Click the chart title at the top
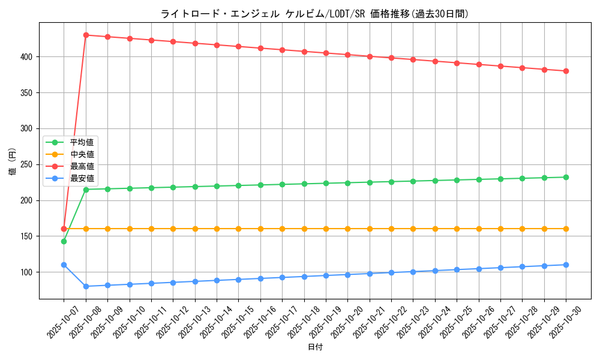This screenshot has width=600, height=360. pyautogui.click(x=314, y=14)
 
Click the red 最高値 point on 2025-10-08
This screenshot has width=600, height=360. pyautogui.click(x=86, y=35)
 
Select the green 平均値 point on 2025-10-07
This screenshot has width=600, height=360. pyautogui.click(x=64, y=241)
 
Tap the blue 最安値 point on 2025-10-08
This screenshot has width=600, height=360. pyautogui.click(x=86, y=286)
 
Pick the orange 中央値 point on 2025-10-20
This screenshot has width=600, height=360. pyautogui.click(x=347, y=229)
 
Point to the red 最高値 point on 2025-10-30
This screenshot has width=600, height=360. pyautogui.click(x=566, y=71)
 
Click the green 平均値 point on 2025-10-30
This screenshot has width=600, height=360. pyautogui.click(x=566, y=177)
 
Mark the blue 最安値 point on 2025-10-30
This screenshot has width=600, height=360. pyautogui.click(x=566, y=265)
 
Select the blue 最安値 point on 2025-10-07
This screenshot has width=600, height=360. pyautogui.click(x=64, y=265)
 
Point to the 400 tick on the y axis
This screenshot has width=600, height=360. pyautogui.click(x=28, y=56)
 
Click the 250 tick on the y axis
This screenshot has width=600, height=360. pyautogui.click(x=28, y=164)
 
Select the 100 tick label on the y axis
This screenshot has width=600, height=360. pyautogui.click(x=28, y=272)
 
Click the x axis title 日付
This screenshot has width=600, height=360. pyautogui.click(x=315, y=347)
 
